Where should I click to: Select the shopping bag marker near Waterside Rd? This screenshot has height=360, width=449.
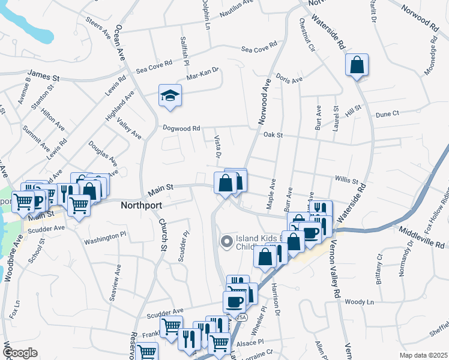357,66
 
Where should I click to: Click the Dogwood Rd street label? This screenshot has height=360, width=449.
181,128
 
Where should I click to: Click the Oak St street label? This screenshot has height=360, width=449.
273,135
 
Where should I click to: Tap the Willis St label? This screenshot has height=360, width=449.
346,180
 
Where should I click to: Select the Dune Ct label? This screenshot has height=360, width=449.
387,114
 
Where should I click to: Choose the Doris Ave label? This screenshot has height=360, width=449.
289,79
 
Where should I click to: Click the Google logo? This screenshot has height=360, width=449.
20,353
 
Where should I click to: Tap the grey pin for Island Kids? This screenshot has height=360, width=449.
226,242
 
